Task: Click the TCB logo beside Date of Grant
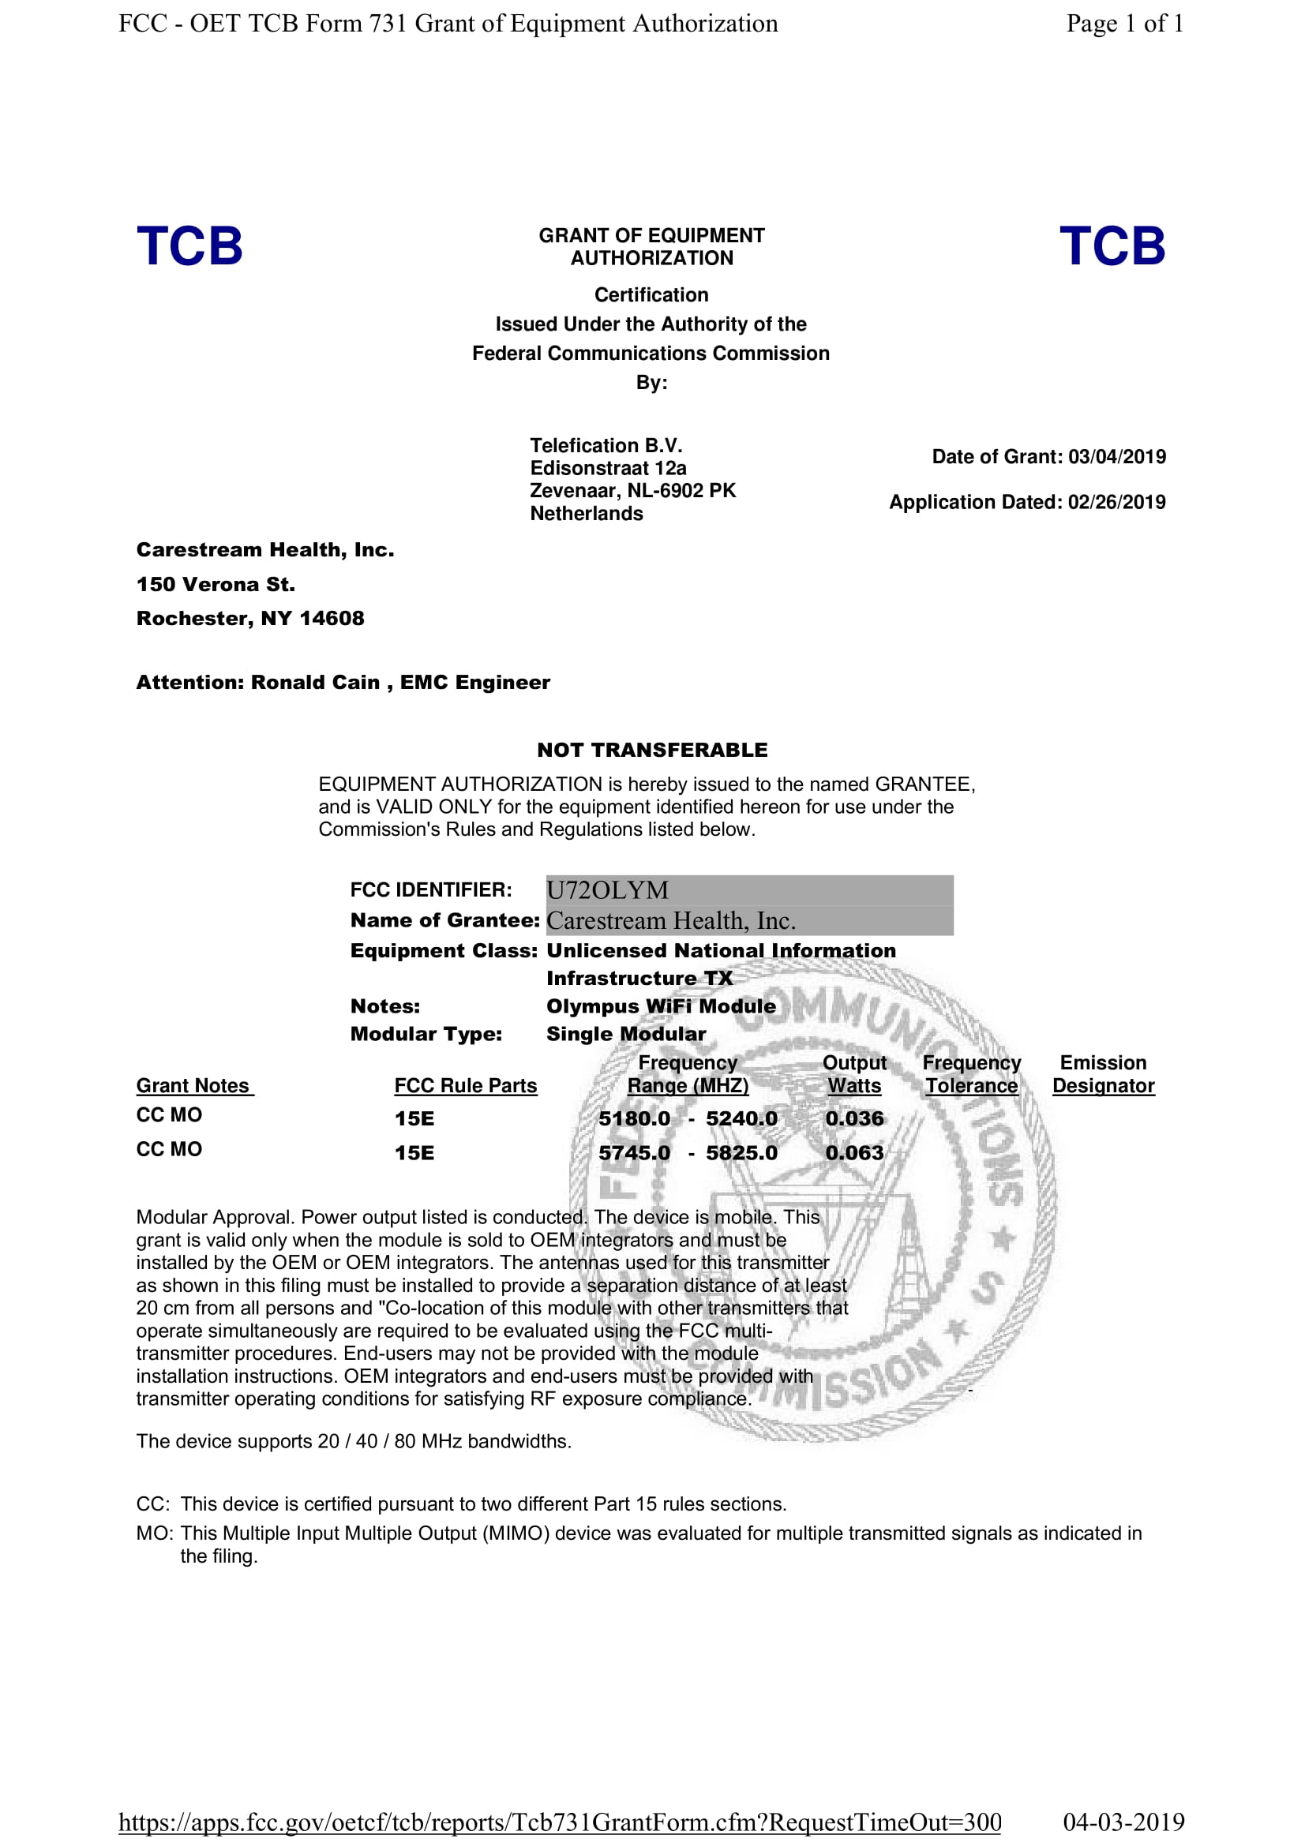coord(1112,246)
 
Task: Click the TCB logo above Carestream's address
coord(189,246)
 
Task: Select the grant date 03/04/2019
coord(1116,457)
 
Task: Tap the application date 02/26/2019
coord(1116,503)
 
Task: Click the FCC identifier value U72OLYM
coord(607,890)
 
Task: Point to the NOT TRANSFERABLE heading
coord(652,750)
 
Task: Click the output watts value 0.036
coord(854,1118)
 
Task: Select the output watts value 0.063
coord(854,1153)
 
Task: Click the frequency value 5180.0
coord(634,1118)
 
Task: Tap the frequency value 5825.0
coord(741,1153)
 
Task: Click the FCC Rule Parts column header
coord(466,1085)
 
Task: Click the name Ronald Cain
coord(315,683)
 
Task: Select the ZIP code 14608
coord(332,618)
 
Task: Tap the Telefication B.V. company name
coord(606,445)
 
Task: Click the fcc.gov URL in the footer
coord(560,1822)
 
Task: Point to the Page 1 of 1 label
coord(1124,24)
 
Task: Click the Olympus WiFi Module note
coord(661,1006)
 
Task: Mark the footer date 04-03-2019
coord(1123,1822)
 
